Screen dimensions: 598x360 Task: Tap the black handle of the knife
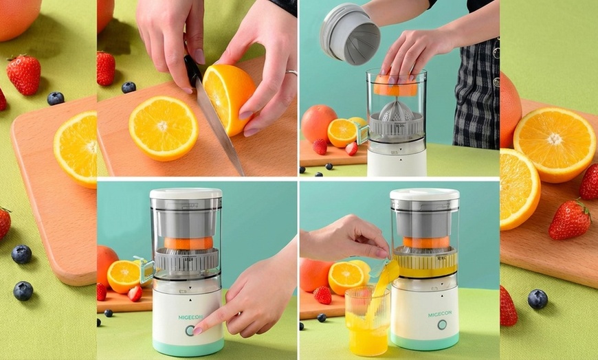click(x=192, y=71)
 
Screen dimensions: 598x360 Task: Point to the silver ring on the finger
click(x=291, y=72)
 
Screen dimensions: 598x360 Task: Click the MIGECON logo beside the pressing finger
click(x=190, y=317)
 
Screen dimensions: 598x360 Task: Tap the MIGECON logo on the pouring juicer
click(x=440, y=314)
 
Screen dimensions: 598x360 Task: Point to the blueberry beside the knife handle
click(x=129, y=87)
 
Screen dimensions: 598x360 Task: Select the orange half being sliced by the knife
click(x=228, y=98)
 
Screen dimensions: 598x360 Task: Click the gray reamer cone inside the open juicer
click(x=396, y=111)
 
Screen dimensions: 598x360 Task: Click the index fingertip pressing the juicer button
click(x=197, y=330)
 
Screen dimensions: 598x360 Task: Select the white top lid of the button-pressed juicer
click(x=186, y=193)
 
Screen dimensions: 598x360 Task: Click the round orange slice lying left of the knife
click(x=163, y=128)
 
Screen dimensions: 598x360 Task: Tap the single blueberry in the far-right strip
click(x=538, y=299)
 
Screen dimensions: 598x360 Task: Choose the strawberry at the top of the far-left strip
click(x=24, y=74)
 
